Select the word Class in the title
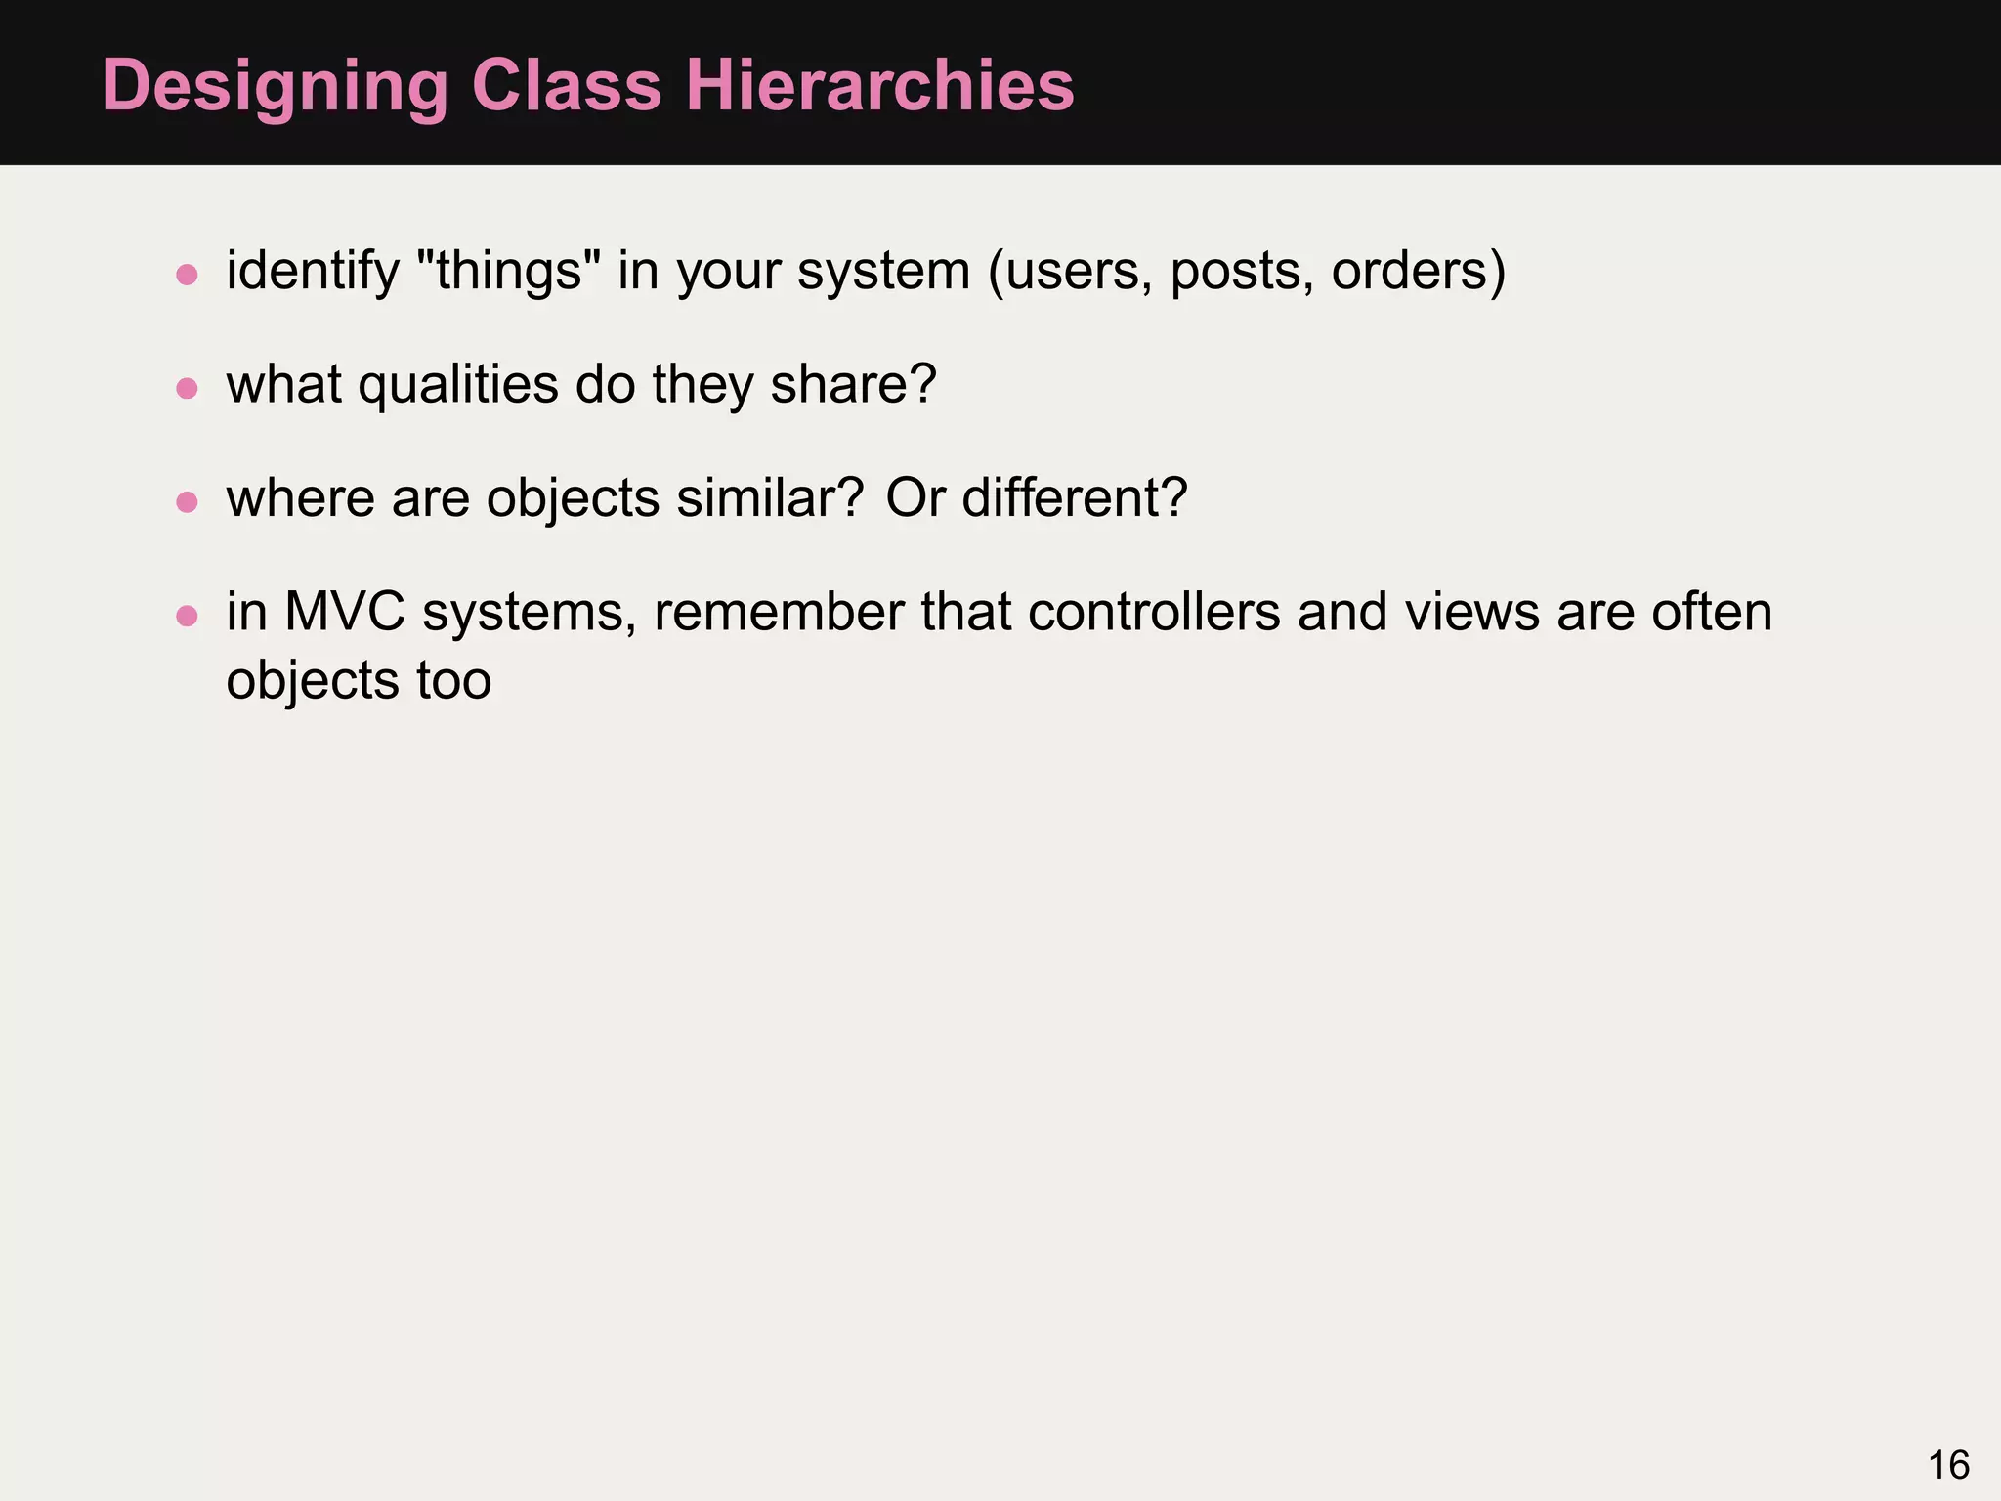(x=567, y=86)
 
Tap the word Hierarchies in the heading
(x=879, y=86)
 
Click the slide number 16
(x=1948, y=1465)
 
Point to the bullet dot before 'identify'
(x=187, y=274)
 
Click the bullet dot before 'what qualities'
(x=187, y=388)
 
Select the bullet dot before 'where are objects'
(x=187, y=502)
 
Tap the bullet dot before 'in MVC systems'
(x=187, y=616)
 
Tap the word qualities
(x=458, y=385)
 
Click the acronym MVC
(x=344, y=613)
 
